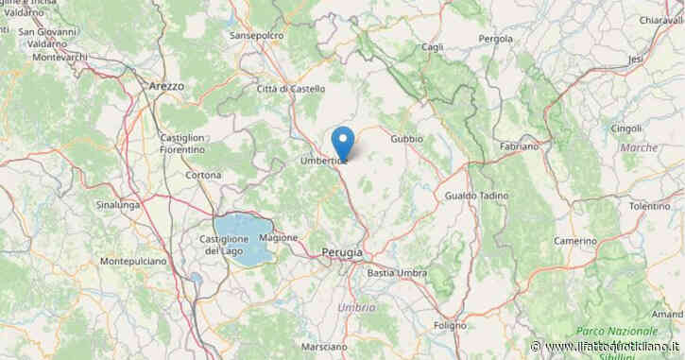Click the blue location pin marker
coord(345,143)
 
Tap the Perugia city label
coord(342,253)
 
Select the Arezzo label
coord(166,85)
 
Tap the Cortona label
coord(204,175)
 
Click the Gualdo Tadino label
coord(472,196)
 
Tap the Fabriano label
coord(520,147)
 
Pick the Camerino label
coord(574,241)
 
